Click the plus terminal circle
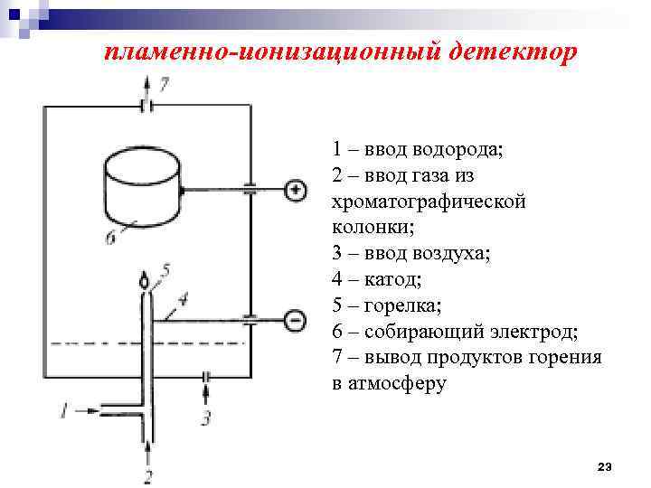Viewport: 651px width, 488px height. click(295, 190)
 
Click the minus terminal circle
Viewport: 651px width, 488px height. click(295, 319)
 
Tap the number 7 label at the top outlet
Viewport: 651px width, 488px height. click(163, 85)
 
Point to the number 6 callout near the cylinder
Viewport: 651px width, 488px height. click(110, 239)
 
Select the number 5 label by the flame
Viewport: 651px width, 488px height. click(165, 269)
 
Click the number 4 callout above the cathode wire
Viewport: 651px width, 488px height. click(184, 297)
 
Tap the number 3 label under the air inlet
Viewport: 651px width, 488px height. click(206, 418)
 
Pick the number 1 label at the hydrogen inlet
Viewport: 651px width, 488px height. click(64, 410)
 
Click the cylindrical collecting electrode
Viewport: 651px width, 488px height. click(142, 187)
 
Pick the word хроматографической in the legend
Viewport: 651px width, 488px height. click(429, 201)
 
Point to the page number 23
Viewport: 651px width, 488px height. click(605, 466)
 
